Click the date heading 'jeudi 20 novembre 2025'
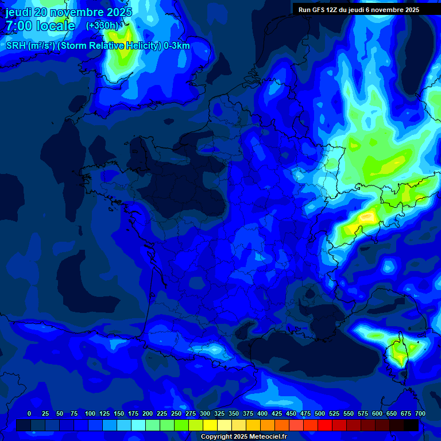click(x=69, y=12)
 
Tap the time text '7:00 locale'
click(x=40, y=26)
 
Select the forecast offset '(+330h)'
click(x=102, y=26)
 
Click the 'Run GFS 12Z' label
click(x=324, y=10)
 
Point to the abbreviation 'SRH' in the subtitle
click(x=16, y=46)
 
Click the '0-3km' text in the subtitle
click(x=177, y=46)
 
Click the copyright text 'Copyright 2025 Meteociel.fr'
click(x=243, y=437)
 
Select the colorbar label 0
click(x=29, y=413)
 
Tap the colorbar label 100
click(x=90, y=413)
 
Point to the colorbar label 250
click(x=176, y=413)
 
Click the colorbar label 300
click(x=205, y=413)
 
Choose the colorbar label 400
click(x=262, y=413)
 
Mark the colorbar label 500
click(x=320, y=413)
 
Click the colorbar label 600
click(x=377, y=413)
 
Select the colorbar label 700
click(x=420, y=413)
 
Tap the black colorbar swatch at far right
click(x=411, y=425)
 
